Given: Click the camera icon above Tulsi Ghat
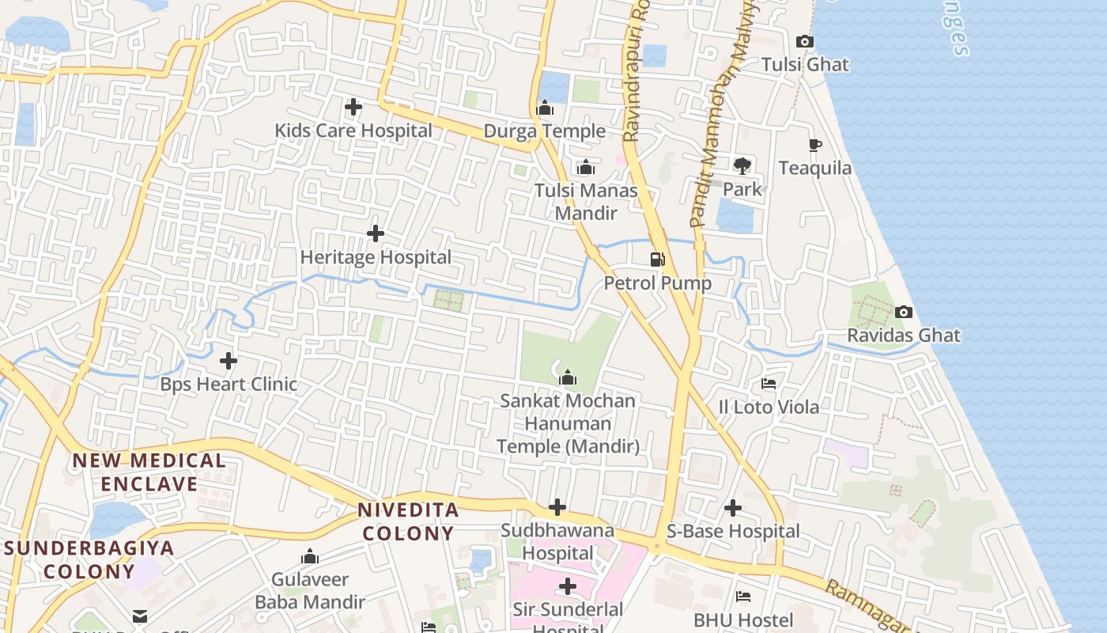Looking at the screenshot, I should (x=805, y=41).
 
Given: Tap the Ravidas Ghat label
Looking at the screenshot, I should (x=904, y=335).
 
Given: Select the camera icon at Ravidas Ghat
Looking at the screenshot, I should (x=904, y=313).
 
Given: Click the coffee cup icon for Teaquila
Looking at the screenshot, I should (x=815, y=145).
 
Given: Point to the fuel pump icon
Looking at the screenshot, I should (x=657, y=260).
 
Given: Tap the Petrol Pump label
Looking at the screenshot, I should (x=658, y=282).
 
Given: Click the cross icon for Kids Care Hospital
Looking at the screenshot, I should (x=353, y=107).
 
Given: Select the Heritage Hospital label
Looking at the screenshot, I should (x=376, y=257).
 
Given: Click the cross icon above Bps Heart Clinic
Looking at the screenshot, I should (x=229, y=361).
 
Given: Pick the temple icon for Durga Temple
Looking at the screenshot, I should (x=545, y=108).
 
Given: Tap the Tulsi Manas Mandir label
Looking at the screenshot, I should (x=586, y=202).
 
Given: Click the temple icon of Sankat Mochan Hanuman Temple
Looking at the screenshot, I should (x=567, y=377).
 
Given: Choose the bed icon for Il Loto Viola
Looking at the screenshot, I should (x=769, y=384).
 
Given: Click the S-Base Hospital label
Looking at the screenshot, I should (x=733, y=531).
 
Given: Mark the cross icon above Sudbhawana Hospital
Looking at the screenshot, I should (x=557, y=507).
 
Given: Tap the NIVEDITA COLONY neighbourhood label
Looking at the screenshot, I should (x=408, y=521).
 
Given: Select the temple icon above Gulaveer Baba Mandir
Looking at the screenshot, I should (x=310, y=556).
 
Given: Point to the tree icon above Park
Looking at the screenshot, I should (x=742, y=165).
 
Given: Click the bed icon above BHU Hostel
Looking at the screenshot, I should (x=743, y=596).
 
